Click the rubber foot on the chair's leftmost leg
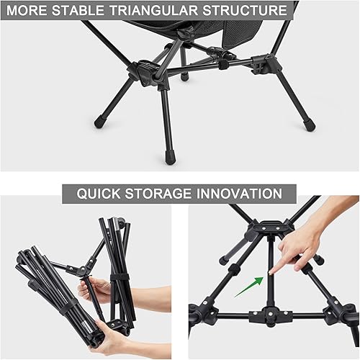[x=99, y=122]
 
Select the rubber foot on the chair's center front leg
[x=170, y=156]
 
